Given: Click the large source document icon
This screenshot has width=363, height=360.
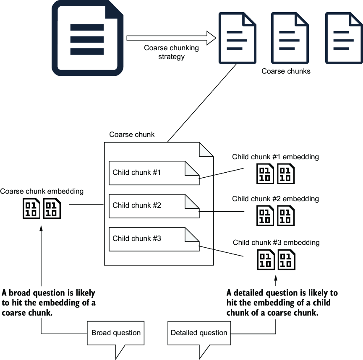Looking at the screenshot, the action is pyautogui.click(x=87, y=38).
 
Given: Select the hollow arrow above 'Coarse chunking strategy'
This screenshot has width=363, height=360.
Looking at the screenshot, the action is pyautogui.click(x=171, y=38).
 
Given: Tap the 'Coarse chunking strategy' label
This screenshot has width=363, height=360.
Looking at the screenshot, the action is pyautogui.click(x=171, y=52).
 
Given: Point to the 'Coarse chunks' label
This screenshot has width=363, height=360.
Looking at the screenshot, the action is pyautogui.click(x=286, y=71).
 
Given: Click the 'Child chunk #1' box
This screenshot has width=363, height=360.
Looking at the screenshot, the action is pyautogui.click(x=154, y=173).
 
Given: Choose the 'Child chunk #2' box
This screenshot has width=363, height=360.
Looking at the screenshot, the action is pyautogui.click(x=154, y=206).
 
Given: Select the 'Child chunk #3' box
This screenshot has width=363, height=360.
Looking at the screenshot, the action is pyautogui.click(x=154, y=239).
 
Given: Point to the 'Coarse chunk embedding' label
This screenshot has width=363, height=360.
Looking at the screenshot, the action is pyautogui.click(x=42, y=191).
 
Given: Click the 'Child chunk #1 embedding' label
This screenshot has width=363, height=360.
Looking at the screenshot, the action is pyautogui.click(x=275, y=157).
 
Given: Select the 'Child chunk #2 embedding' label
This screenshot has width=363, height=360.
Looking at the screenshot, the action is pyautogui.click(x=275, y=199).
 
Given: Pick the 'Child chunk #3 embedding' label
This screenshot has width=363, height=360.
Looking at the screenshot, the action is pyautogui.click(x=276, y=242).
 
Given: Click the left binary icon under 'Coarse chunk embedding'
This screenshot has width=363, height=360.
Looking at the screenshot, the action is pyautogui.click(x=31, y=209).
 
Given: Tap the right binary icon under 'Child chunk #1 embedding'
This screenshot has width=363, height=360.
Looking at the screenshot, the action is pyautogui.click(x=286, y=174).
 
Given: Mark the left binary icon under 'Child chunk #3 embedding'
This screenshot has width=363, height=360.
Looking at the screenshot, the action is pyautogui.click(x=266, y=260).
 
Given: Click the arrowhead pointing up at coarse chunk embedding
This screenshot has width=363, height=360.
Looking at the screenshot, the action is pyautogui.click(x=41, y=228).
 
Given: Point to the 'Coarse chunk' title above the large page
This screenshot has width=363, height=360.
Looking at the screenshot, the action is pyautogui.click(x=132, y=135).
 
